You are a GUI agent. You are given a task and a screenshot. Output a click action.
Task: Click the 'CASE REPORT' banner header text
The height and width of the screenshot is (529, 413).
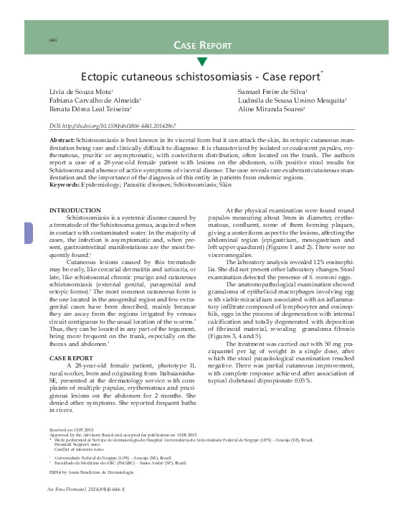[202, 45]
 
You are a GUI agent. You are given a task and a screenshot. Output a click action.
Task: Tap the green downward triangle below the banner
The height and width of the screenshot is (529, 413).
[201, 62]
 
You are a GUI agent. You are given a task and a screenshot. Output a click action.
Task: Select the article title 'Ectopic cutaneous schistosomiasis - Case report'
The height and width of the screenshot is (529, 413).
[201, 75]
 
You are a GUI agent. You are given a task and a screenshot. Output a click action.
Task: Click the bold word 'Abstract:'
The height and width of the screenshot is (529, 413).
[60, 138]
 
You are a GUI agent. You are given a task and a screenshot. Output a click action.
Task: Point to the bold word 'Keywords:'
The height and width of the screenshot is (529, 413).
[63, 185]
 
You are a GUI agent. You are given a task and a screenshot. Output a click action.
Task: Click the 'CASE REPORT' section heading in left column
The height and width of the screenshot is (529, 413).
[70, 357]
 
